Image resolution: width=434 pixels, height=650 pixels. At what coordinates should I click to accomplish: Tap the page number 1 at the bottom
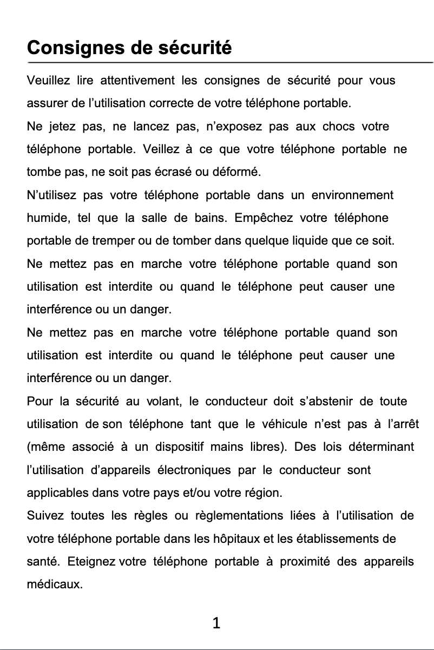pyautogui.click(x=216, y=623)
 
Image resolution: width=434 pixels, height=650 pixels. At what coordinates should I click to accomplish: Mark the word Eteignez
pyautogui.click(x=92, y=561)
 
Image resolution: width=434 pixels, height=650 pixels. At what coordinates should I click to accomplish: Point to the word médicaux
pyautogui.click(x=55, y=585)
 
